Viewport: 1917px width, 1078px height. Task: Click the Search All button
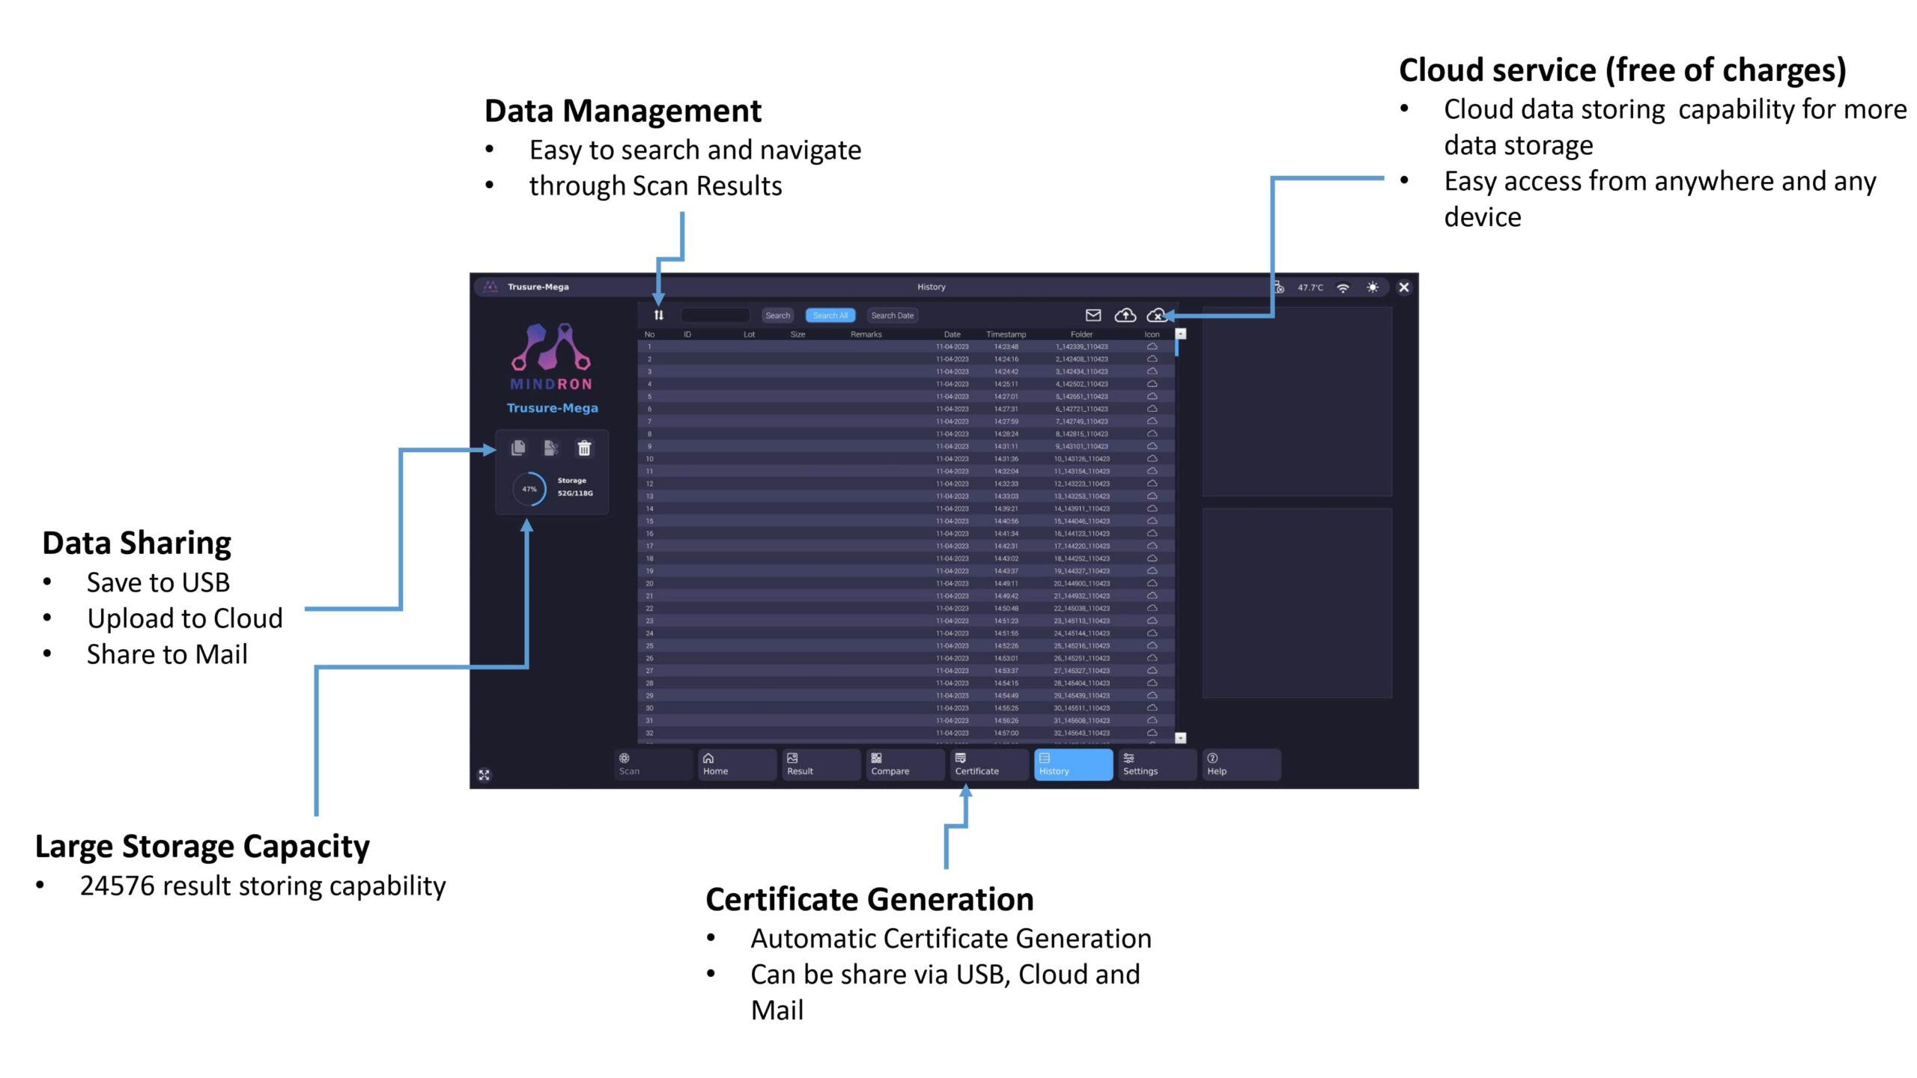point(830,315)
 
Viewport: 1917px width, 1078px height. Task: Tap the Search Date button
point(892,315)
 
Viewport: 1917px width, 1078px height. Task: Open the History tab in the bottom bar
point(1072,764)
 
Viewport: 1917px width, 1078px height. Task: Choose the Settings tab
point(1156,764)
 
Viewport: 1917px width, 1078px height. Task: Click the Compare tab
point(903,764)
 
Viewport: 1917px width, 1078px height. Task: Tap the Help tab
point(1240,764)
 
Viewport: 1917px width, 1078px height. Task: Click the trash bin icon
point(584,448)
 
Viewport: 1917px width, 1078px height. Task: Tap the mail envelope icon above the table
point(1093,315)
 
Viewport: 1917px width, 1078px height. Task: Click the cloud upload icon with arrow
point(1125,315)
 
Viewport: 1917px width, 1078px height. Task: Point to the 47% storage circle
point(529,489)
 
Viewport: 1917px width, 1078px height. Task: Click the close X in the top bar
point(1404,287)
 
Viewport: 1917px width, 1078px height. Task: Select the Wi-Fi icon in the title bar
point(1343,287)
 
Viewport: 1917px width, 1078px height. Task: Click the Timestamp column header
point(1006,335)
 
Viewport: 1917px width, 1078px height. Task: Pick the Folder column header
point(1081,335)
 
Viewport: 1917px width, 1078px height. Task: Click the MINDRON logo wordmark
point(551,384)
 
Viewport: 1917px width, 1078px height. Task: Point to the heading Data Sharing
point(136,543)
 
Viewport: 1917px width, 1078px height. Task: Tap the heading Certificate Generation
point(869,899)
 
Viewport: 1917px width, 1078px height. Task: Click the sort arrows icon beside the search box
point(659,315)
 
